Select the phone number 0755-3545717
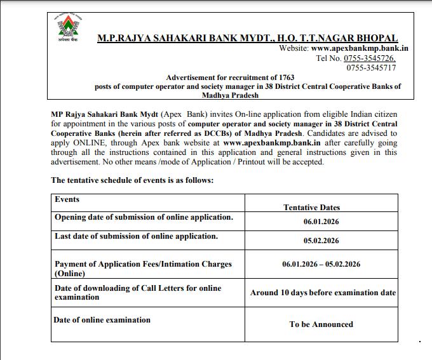point(371,67)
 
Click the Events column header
point(67,199)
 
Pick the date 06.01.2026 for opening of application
point(321,223)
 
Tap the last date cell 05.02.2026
point(321,241)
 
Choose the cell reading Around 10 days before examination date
point(323,293)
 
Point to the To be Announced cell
point(321,324)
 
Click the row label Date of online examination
point(102,319)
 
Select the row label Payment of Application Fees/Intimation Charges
point(143,264)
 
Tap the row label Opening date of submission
point(144,217)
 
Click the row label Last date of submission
point(136,236)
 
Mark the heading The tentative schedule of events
point(132,180)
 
